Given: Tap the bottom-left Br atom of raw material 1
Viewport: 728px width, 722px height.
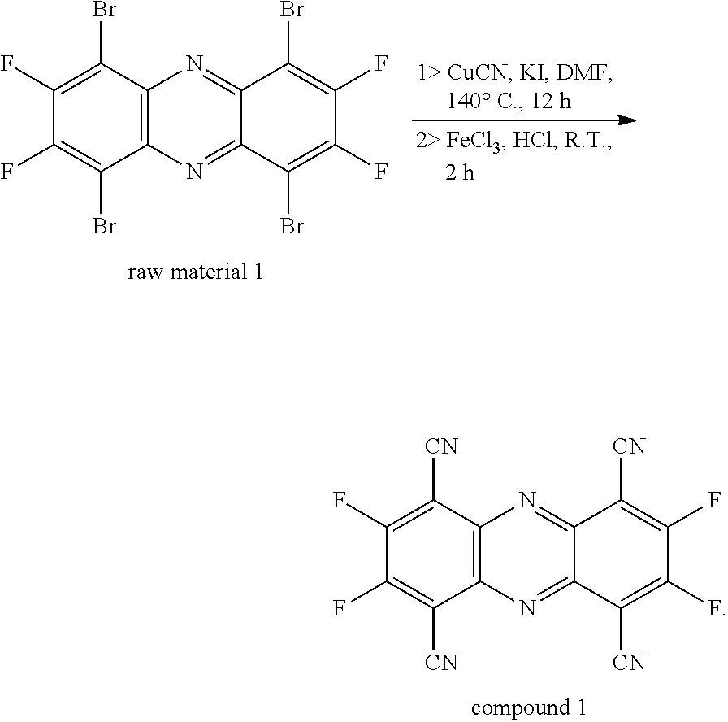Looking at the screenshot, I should [x=103, y=226].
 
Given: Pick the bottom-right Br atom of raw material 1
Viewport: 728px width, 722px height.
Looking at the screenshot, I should [x=292, y=226].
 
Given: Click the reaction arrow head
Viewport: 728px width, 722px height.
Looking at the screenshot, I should [x=625, y=120].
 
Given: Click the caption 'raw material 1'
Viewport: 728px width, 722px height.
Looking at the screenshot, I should [x=196, y=272].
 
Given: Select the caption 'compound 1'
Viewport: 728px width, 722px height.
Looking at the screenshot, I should [x=529, y=707].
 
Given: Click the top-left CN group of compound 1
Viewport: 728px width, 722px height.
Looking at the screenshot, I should [x=440, y=446].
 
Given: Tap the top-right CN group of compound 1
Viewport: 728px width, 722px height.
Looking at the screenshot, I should [x=628, y=446].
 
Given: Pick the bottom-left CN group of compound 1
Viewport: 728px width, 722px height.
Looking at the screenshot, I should [x=440, y=663].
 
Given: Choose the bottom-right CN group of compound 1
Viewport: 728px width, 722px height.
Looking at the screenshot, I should [x=628, y=663].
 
